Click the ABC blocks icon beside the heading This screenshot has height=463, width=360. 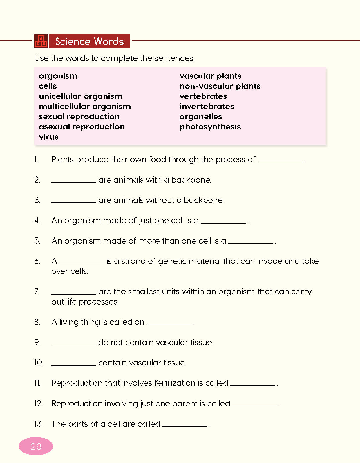click(41, 41)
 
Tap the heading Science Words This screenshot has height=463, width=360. click(89, 42)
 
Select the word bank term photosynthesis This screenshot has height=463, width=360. click(210, 127)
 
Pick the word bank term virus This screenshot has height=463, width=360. click(49, 137)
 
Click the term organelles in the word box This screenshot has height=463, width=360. click(201, 117)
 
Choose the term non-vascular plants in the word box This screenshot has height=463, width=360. click(220, 86)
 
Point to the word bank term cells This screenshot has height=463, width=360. click(48, 86)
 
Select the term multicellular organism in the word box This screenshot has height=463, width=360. click(85, 107)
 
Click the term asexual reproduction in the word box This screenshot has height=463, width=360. click(82, 127)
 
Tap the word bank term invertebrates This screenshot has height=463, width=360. click(207, 107)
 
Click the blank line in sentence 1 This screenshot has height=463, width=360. click(280, 161)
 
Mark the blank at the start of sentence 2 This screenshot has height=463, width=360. click(74, 181)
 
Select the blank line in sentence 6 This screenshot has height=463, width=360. click(82, 262)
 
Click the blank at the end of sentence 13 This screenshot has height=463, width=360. click(185, 425)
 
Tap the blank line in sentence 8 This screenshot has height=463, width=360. click(169, 323)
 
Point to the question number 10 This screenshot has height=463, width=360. click(39, 363)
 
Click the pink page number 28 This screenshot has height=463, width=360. click(36, 446)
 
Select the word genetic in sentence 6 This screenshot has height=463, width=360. click(172, 261)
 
